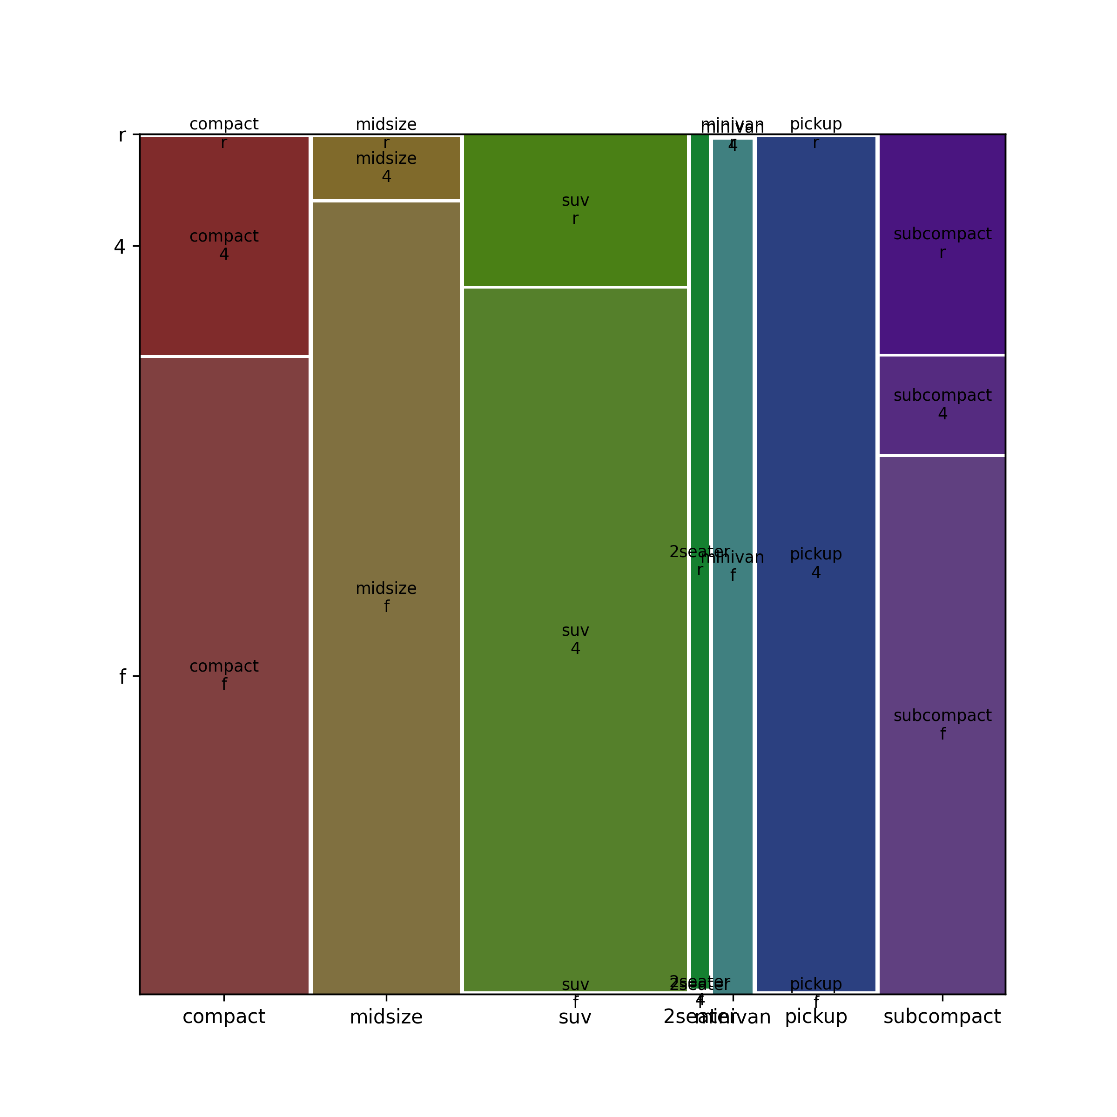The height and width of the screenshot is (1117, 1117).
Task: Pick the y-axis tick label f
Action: pyautogui.click(x=122, y=676)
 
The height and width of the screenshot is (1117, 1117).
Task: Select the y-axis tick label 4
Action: pyautogui.click(x=120, y=247)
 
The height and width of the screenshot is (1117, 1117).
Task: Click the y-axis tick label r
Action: pyautogui.click(x=122, y=135)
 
